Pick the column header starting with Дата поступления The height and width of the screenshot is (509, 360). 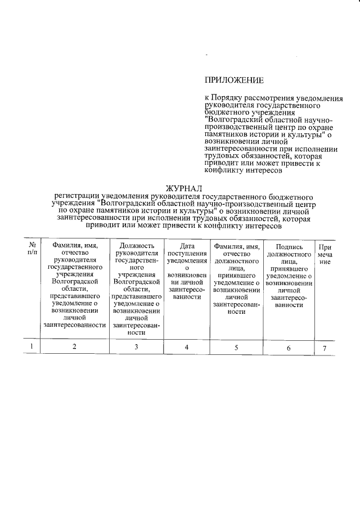(x=186, y=271)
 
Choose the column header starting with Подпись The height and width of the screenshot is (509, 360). (x=289, y=276)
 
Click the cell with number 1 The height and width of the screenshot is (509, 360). (x=33, y=346)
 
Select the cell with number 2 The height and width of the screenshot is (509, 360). (x=74, y=347)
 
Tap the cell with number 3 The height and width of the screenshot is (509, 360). (x=137, y=347)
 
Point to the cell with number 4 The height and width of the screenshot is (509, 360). (x=186, y=347)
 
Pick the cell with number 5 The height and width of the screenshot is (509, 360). (x=236, y=347)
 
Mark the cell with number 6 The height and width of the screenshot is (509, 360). (x=289, y=348)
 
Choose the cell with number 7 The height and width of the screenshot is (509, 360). (x=325, y=348)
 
